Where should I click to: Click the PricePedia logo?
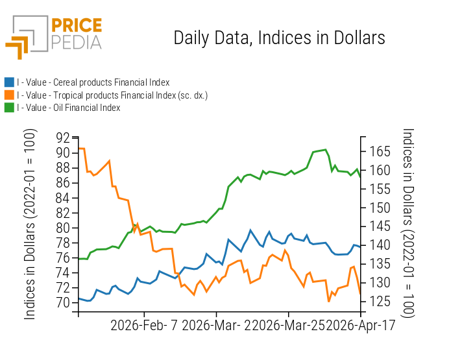click(x=55, y=36)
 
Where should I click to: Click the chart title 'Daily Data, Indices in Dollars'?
click(x=279, y=38)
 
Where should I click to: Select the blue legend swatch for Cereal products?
click(x=9, y=82)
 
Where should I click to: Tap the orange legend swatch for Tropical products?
click(x=9, y=95)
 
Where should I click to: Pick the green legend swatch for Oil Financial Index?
click(x=9, y=108)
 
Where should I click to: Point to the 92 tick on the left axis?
click(x=63, y=138)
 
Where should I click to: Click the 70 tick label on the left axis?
click(x=63, y=302)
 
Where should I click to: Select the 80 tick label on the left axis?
click(x=63, y=228)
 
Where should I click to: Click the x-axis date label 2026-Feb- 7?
click(x=144, y=325)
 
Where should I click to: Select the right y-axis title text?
click(x=407, y=222)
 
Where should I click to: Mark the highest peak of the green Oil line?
click(x=324, y=150)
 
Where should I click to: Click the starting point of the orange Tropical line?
click(x=79, y=149)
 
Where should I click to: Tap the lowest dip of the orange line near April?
click(x=329, y=301)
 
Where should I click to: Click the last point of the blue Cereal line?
click(x=360, y=247)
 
